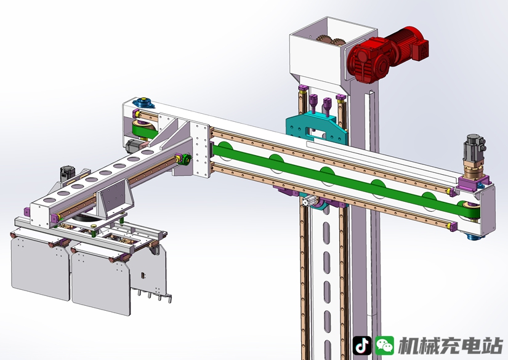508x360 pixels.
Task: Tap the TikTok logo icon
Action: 362,345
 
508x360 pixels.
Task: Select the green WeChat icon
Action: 385,345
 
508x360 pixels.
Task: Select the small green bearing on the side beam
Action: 187,159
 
